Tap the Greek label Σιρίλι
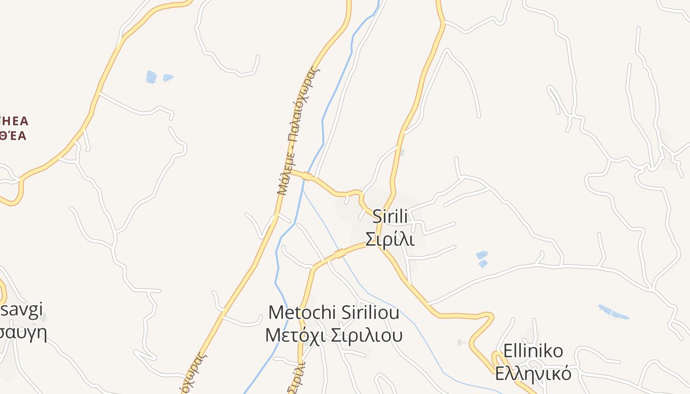point(389,239)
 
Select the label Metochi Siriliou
point(334,312)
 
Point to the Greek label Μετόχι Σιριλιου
point(334,335)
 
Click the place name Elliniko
point(533,351)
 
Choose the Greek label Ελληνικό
point(533,373)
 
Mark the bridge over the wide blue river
point(307,176)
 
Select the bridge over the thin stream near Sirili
point(340,254)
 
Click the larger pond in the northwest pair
point(151,77)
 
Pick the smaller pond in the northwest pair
point(168,77)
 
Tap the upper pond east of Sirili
point(482,255)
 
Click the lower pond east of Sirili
point(483,264)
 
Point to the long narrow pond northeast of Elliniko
point(613,312)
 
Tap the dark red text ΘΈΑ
point(13,136)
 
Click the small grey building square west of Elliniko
point(460,342)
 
